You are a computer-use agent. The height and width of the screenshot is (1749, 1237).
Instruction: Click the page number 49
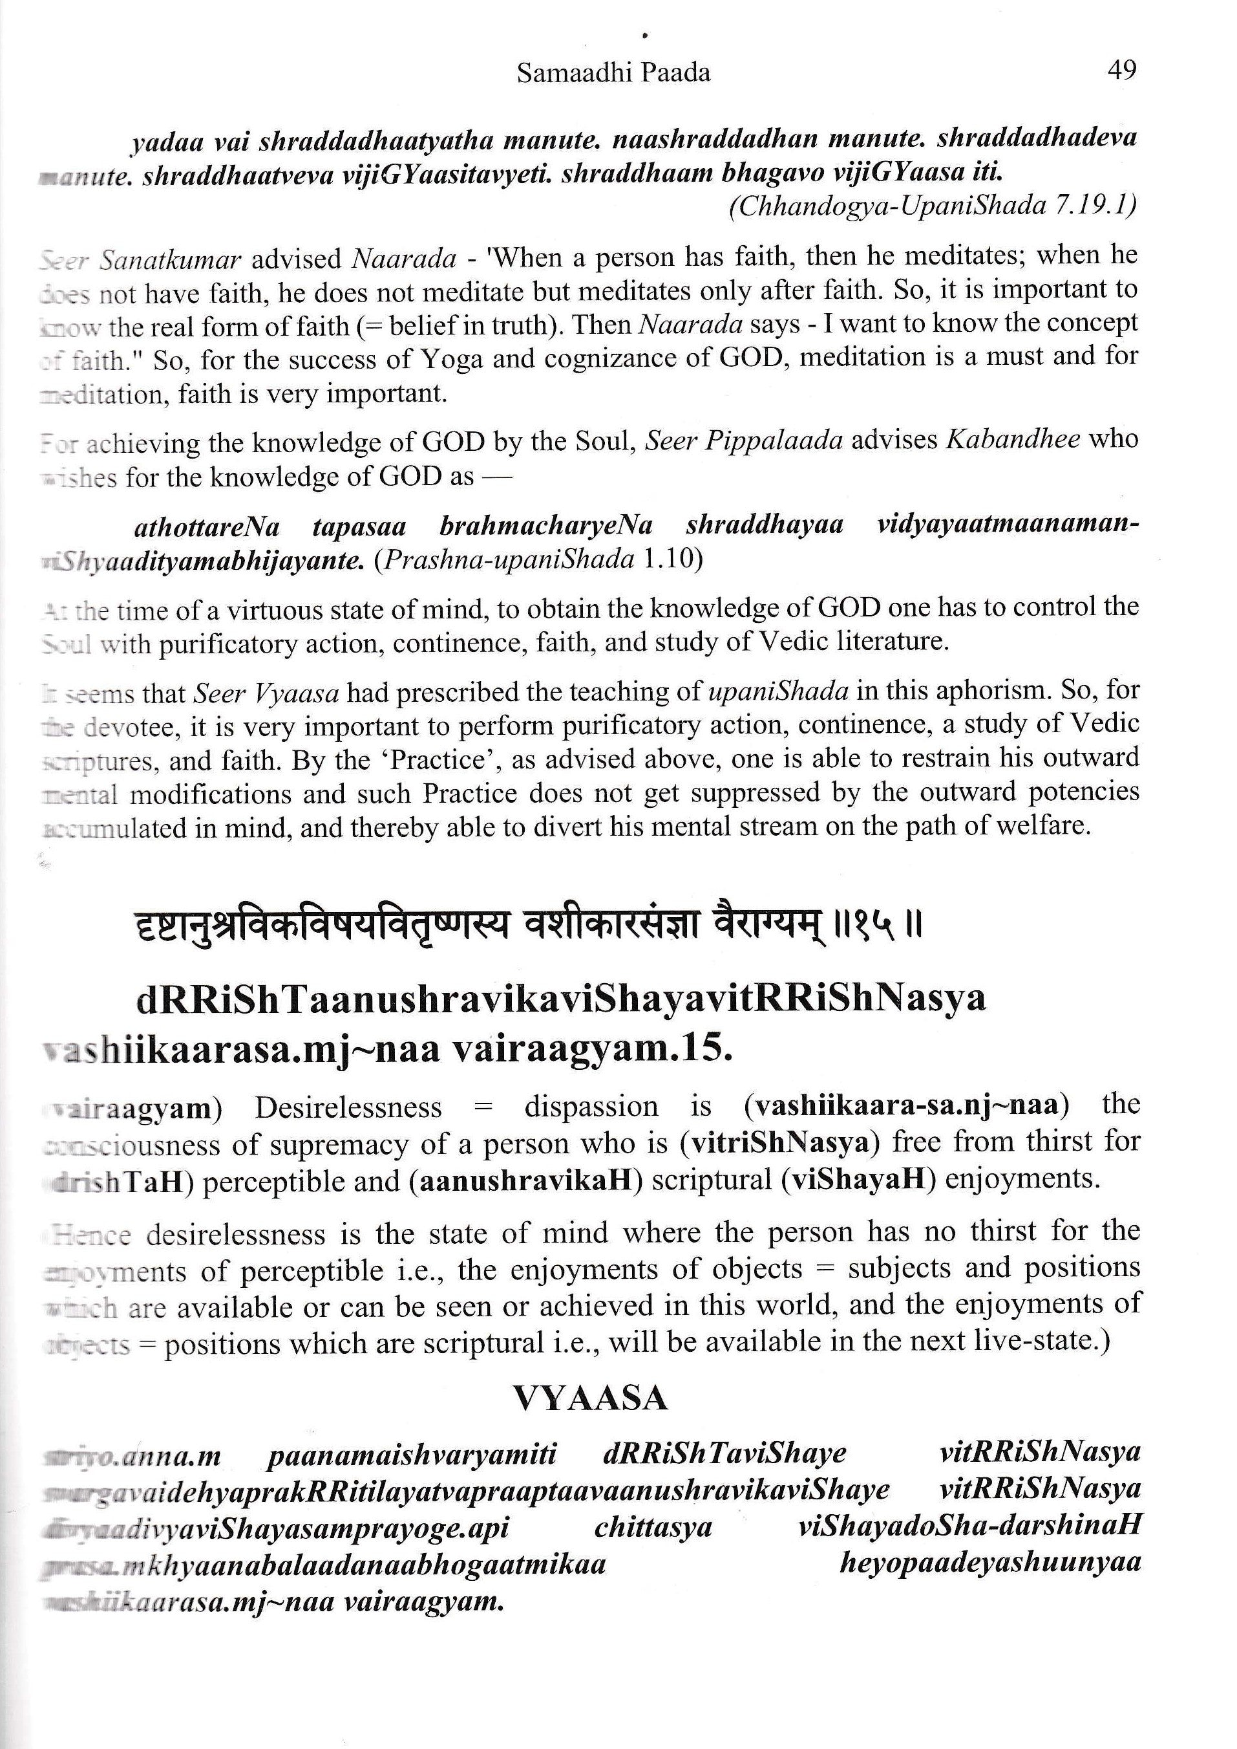(1121, 71)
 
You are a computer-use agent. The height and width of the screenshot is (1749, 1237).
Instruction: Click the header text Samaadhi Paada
(613, 73)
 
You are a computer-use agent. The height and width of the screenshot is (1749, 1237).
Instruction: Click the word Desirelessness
(348, 1107)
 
